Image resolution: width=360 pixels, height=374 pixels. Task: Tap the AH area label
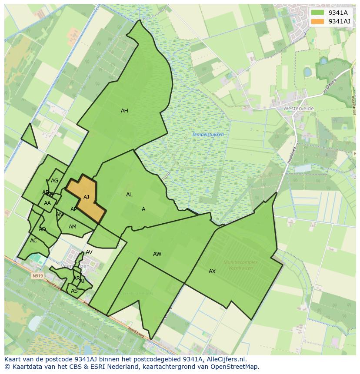coord(124,111)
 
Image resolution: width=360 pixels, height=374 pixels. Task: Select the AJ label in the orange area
coord(86,197)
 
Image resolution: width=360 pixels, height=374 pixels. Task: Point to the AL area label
coord(129,195)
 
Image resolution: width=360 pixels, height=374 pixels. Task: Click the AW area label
coord(157,254)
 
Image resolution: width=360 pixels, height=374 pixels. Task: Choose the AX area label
coord(212,271)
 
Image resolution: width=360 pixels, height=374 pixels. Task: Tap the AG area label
coord(54,181)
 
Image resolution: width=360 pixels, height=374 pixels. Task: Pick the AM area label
coord(73,227)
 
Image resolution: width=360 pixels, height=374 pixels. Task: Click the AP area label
coord(73,209)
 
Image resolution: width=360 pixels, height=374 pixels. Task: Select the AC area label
coord(33,241)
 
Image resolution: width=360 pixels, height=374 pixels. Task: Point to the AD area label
coord(42,229)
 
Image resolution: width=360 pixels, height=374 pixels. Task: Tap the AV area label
coord(89,252)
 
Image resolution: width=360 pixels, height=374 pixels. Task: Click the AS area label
coord(74,291)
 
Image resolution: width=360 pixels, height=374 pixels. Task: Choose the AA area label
coord(47,203)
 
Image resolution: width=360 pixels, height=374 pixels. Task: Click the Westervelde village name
coord(298,108)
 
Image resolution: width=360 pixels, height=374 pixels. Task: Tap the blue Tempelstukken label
coord(208,135)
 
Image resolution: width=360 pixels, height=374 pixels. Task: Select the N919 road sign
coord(37,275)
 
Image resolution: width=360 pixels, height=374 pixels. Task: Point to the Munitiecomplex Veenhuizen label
coord(240,265)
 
